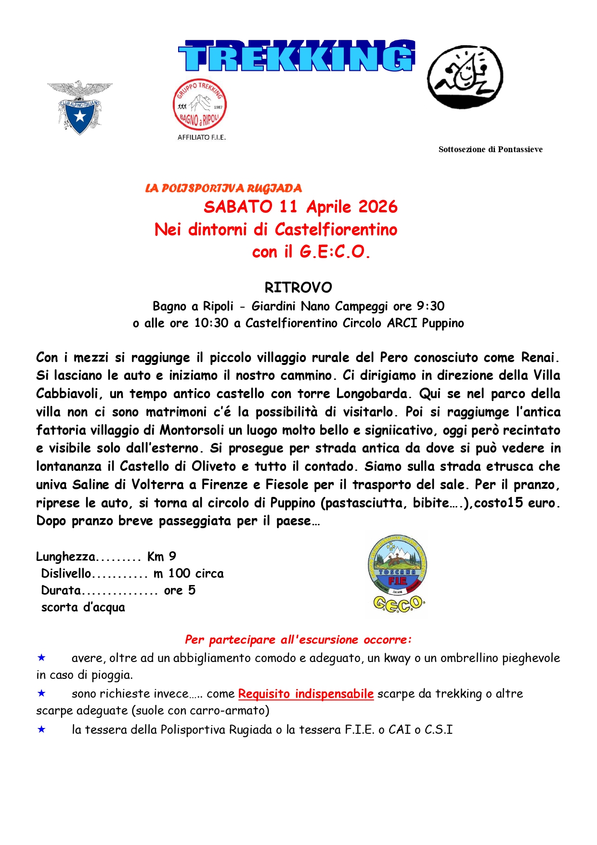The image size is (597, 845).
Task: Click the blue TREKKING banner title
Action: click(x=297, y=56)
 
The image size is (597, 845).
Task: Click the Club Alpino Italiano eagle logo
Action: click(x=80, y=107)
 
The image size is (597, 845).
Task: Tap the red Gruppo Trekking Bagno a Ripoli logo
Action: click(x=200, y=104)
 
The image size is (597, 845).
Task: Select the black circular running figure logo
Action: click(x=465, y=77)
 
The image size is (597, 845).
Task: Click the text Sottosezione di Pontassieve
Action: click(x=490, y=149)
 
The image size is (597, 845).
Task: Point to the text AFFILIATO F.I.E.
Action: click(x=202, y=137)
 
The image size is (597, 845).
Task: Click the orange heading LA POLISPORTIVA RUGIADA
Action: click(x=223, y=188)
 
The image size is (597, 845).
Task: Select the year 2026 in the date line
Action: click(x=378, y=207)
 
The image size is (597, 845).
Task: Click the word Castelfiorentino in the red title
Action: click(x=336, y=229)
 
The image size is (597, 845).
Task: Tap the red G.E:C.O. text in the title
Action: click(x=335, y=251)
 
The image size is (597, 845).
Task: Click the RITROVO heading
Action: click(x=298, y=287)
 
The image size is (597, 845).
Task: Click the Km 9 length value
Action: click(x=162, y=557)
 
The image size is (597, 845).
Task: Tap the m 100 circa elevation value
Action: click(x=189, y=573)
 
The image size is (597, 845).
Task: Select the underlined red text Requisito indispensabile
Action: click(x=306, y=694)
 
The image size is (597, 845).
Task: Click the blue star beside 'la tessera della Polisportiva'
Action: click(x=42, y=729)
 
